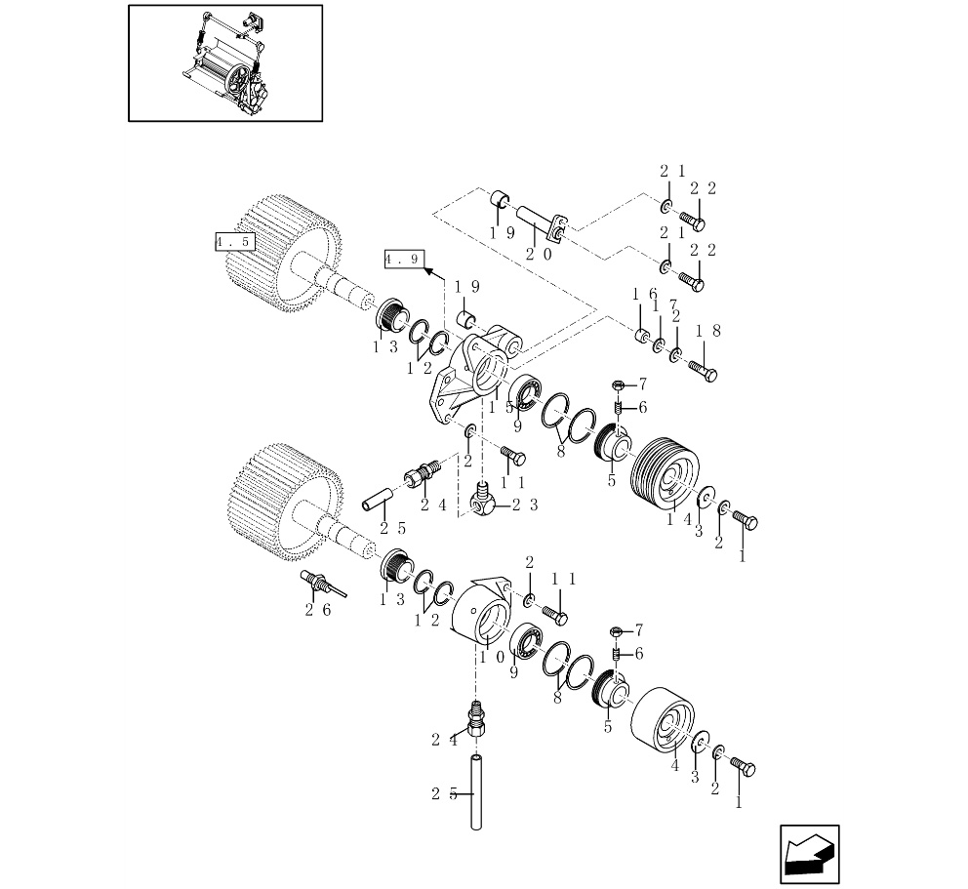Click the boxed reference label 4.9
coord(403,259)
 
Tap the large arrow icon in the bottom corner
coord(809,854)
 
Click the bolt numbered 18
coord(703,371)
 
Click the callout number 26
coord(317,610)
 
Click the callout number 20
coord(540,254)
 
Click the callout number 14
coord(679,520)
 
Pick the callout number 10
coord(491,658)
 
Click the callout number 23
coord(526,505)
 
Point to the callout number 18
coord(708,332)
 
